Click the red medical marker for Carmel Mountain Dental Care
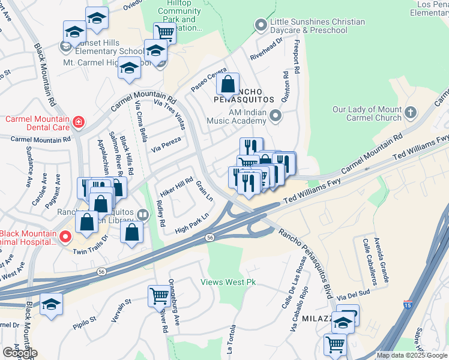click(x=77, y=123)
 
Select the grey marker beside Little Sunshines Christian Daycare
click(x=260, y=25)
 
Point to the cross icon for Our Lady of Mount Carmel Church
click(x=411, y=113)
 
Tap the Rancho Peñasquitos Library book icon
click(x=142, y=215)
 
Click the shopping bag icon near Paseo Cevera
click(x=228, y=85)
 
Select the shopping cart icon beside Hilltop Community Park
click(x=164, y=33)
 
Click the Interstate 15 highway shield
click(x=408, y=305)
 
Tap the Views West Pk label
click(x=228, y=282)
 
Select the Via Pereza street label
click(x=166, y=144)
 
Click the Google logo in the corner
click(x=20, y=353)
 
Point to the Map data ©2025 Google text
click(x=411, y=355)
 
